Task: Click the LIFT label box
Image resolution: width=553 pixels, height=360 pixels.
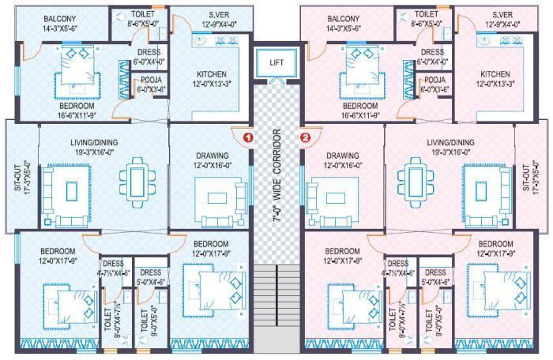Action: tap(276, 62)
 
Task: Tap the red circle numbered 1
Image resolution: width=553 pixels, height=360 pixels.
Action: tap(248, 136)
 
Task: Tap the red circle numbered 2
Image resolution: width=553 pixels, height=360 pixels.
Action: tap(306, 136)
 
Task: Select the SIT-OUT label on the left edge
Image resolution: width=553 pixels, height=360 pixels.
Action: tap(9, 178)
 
